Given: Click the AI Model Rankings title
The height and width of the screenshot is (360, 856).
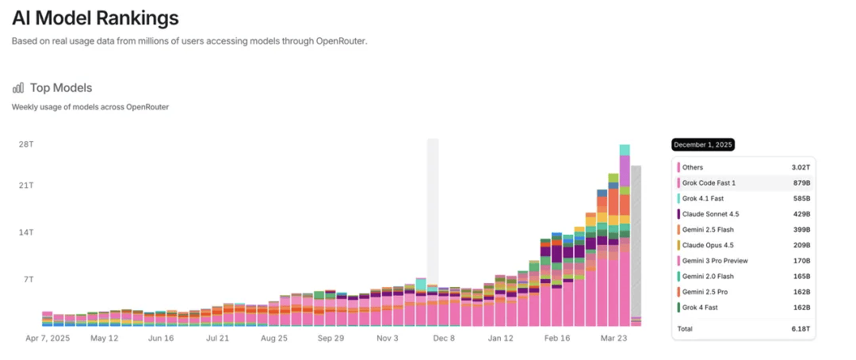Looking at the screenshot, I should pos(95,18).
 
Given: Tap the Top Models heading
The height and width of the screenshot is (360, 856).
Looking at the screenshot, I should pos(61,88).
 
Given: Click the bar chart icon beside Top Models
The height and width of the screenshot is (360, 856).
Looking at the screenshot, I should pos(18,88).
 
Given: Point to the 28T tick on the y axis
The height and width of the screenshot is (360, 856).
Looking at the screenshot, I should pos(26,144).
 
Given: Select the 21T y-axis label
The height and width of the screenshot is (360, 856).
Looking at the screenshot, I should pos(26,186).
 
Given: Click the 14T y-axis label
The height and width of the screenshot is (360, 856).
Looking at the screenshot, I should pos(26,232).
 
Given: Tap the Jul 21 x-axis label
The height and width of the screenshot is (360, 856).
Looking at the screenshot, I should pos(217,338).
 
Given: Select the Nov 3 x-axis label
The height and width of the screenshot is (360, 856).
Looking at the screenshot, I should pos(388,338).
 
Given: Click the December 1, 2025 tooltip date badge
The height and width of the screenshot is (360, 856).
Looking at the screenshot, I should pos(703,145).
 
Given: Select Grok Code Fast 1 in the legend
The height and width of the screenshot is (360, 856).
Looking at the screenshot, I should pos(709,183).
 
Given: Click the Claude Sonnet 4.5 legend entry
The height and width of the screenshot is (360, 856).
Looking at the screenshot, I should pos(711,214).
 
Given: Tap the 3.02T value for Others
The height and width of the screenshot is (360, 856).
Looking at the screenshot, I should pos(801,167).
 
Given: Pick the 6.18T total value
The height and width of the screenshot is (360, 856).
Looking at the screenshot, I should pos(801,327).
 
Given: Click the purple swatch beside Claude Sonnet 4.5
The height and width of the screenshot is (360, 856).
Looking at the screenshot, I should pos(678,214).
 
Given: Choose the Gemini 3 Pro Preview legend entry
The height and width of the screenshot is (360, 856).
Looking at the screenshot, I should pos(714,261).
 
